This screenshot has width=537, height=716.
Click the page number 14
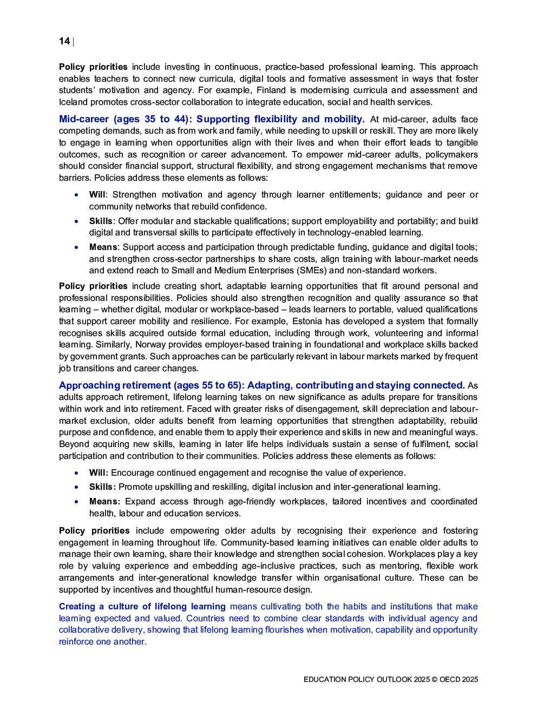(x=64, y=41)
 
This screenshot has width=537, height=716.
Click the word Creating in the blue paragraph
(x=77, y=607)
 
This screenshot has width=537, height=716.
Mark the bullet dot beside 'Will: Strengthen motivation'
(x=77, y=195)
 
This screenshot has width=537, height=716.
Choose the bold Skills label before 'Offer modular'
(x=101, y=221)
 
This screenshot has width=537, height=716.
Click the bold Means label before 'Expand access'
(x=104, y=502)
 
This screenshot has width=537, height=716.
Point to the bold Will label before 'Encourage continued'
(x=99, y=473)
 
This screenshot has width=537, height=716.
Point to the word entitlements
(x=351, y=195)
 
